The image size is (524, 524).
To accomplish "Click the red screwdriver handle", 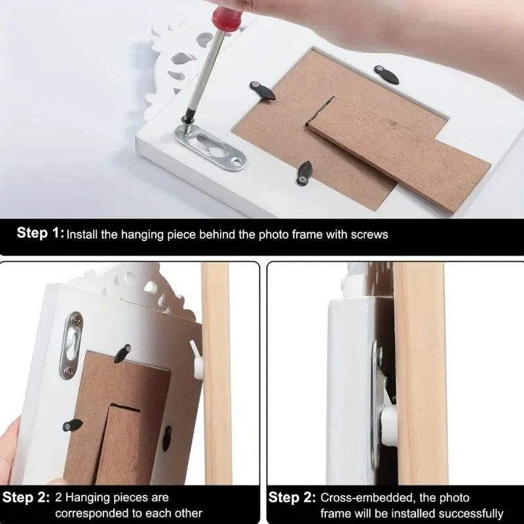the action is (x=227, y=18).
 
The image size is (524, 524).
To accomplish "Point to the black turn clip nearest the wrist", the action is (x=386, y=75).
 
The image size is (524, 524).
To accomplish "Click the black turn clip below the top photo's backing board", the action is (x=305, y=173).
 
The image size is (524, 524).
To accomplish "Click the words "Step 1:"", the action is (x=40, y=233).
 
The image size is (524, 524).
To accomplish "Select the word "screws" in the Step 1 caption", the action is (x=369, y=234).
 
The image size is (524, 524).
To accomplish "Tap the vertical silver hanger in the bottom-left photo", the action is (x=71, y=345).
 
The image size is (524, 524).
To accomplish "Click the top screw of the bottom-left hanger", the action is (x=77, y=320).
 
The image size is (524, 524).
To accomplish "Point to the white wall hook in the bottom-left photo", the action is (x=196, y=360).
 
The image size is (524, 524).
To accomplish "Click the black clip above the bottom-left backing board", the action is (x=122, y=353).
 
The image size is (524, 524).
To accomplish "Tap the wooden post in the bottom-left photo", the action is (x=217, y=373).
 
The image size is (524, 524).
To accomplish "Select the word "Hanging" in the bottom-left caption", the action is (x=90, y=498).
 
